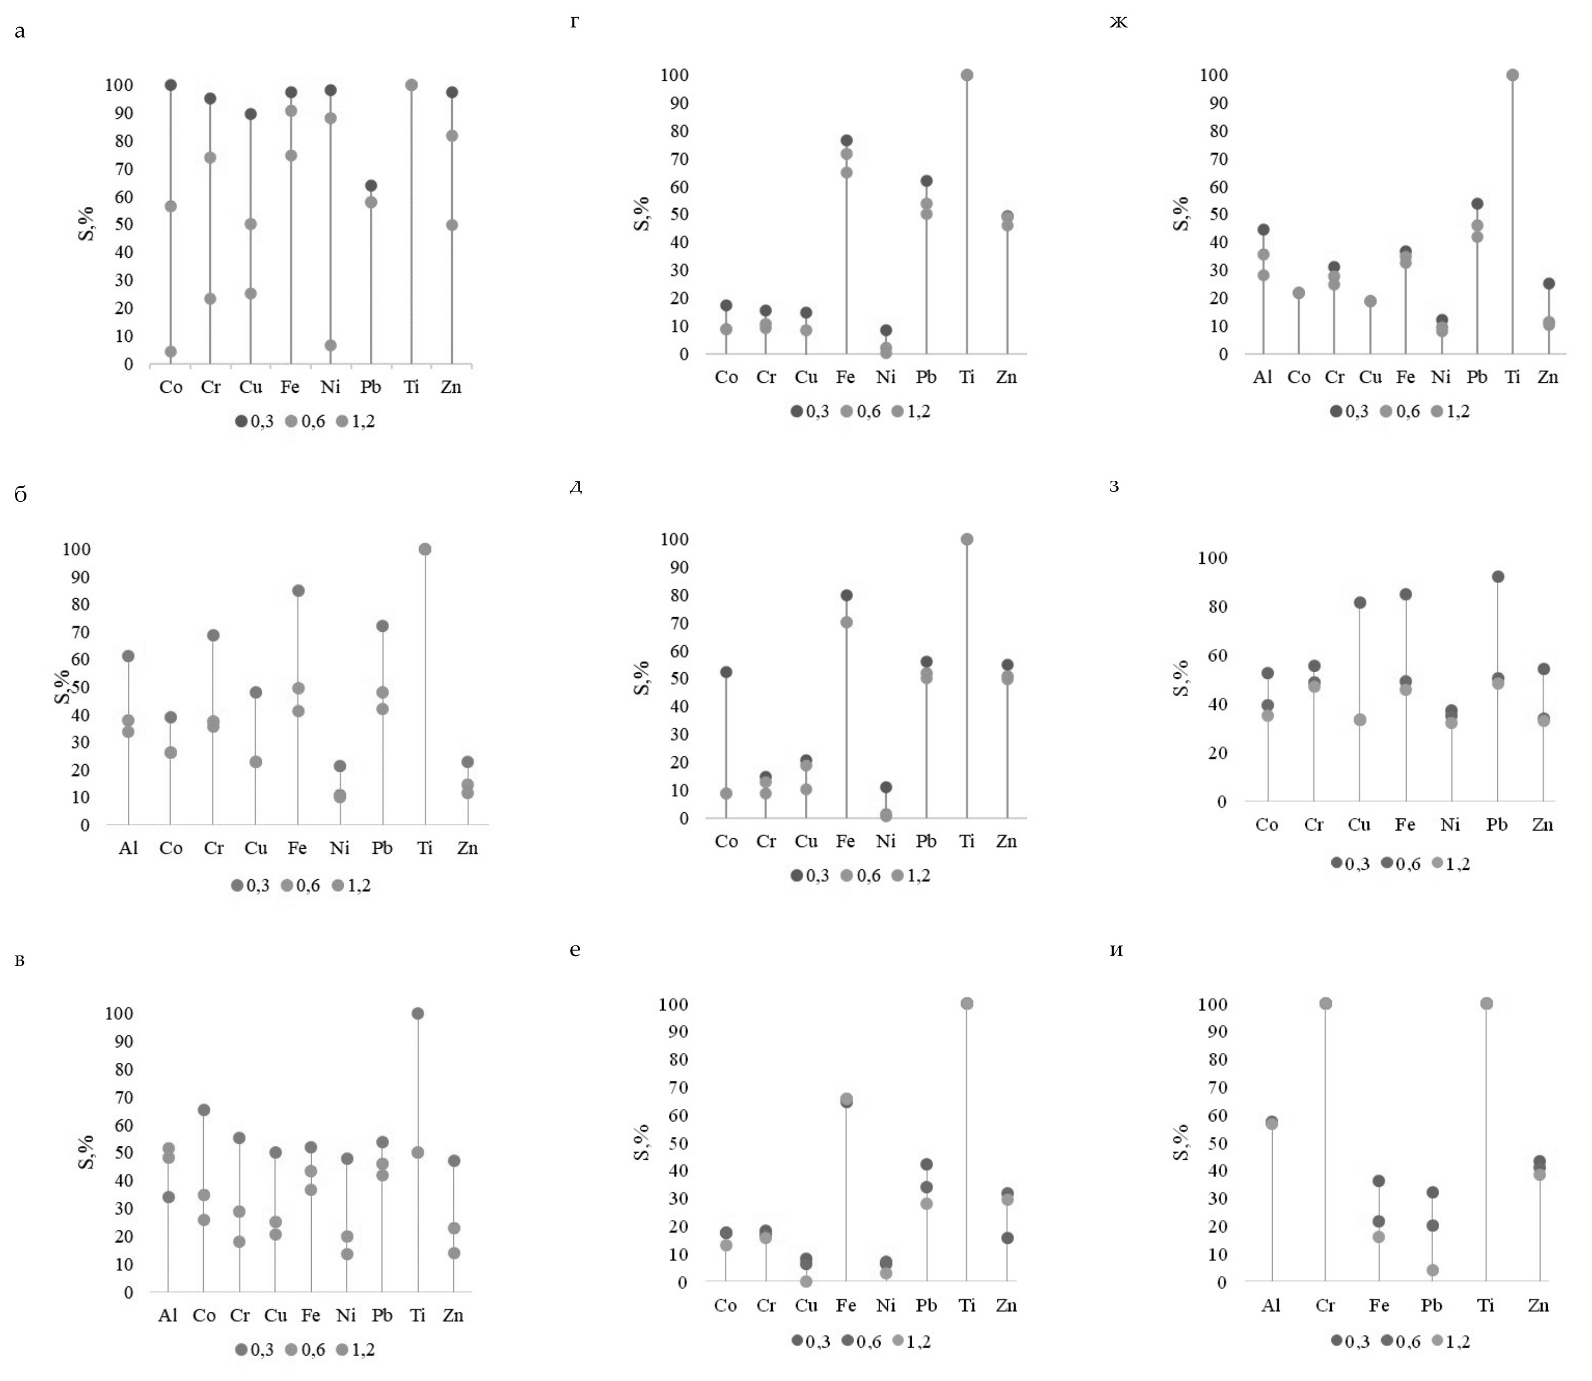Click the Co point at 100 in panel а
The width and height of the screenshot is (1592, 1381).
tap(170, 85)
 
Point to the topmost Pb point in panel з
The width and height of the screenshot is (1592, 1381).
tap(1497, 577)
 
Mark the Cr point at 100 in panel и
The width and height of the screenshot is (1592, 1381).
tap(1325, 1004)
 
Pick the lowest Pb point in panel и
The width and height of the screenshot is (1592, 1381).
tap(1433, 1270)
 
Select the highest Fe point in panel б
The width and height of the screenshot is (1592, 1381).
tap(298, 591)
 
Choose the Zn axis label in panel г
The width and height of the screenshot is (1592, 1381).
tap(1006, 377)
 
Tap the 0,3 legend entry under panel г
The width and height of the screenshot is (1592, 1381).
tap(809, 412)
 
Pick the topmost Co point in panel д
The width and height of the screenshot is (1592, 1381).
tap(726, 672)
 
